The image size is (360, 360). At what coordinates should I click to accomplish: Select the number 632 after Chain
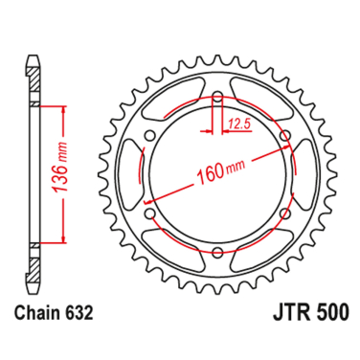[79, 311]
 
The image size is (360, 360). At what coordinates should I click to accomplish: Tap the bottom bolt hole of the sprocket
[217, 253]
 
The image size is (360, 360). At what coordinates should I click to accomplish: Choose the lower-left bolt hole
[151, 214]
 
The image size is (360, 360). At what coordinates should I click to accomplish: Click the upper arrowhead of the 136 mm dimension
[63, 109]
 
